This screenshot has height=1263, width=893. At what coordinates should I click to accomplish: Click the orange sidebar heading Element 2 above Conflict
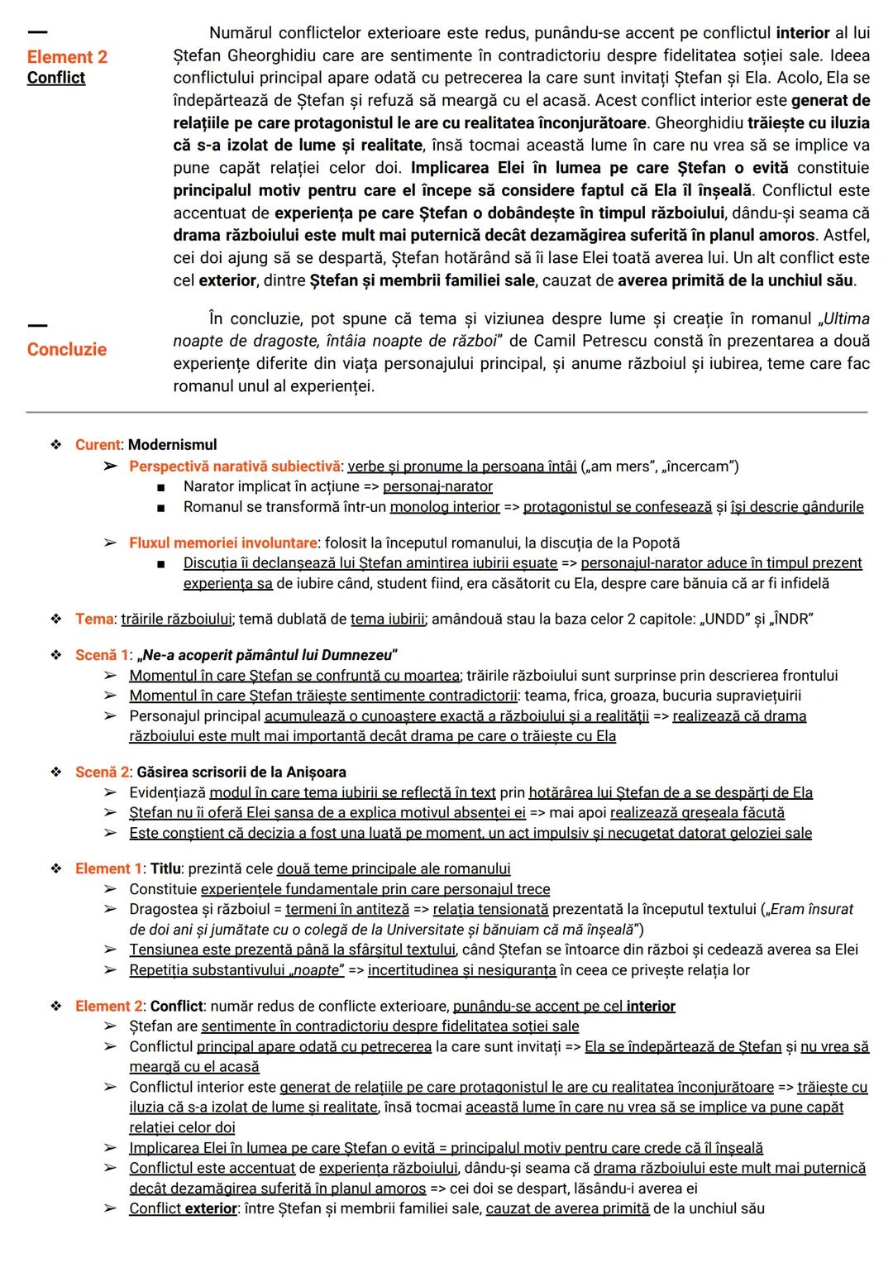pyautogui.click(x=67, y=56)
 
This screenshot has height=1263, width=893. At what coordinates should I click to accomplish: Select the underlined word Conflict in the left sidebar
pyautogui.click(x=55, y=78)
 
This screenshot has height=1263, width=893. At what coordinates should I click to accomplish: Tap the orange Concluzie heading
pyautogui.click(x=66, y=349)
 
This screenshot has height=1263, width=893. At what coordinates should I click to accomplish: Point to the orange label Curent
pyautogui.click(x=98, y=445)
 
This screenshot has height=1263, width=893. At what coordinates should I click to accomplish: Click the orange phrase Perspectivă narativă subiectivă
pyautogui.click(x=234, y=466)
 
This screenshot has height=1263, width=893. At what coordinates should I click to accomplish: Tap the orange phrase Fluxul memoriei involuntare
pyautogui.click(x=222, y=543)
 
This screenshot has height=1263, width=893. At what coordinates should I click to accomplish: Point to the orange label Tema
pyautogui.click(x=94, y=620)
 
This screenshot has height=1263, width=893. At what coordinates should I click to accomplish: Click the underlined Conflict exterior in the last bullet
pyautogui.click(x=183, y=1208)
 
